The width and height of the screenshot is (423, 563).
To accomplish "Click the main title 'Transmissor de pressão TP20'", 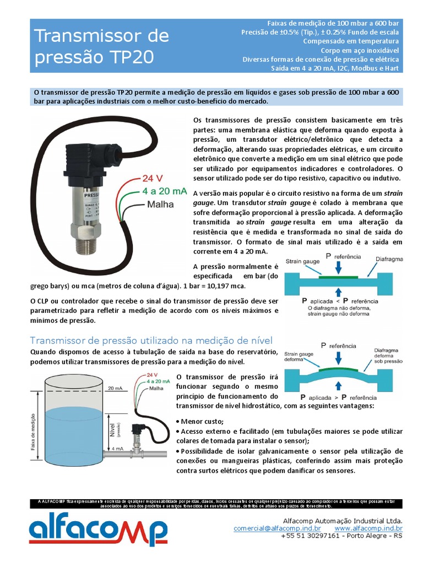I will click(x=102, y=47).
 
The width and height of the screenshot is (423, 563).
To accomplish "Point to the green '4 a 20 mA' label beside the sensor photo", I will click(x=164, y=191).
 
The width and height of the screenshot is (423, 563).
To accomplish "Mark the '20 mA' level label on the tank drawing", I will click(x=116, y=388).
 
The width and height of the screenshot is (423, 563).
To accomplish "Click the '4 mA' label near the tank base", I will click(x=117, y=449).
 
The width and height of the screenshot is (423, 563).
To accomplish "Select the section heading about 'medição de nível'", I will click(x=151, y=340).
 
